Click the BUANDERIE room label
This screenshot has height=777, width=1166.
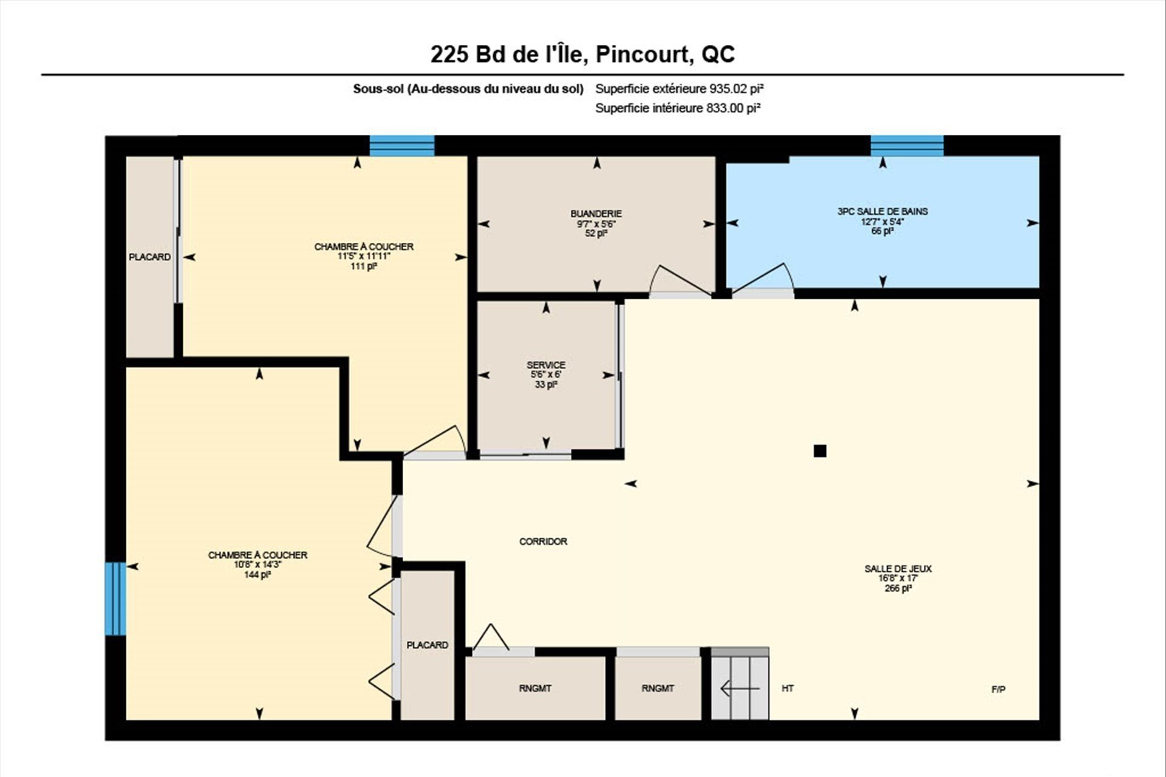596,214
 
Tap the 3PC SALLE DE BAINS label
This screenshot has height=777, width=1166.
882,211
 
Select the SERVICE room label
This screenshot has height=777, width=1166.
546,365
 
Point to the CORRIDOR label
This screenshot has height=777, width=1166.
543,541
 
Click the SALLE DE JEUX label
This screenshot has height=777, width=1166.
898,569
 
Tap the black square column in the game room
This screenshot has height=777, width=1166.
820,450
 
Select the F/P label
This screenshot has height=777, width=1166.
998,689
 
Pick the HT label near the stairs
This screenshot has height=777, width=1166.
788,688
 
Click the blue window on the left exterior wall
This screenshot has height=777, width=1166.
115,599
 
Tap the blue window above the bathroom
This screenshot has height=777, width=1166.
907,146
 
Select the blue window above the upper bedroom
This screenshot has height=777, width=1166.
402,146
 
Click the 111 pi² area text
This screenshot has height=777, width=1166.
364,266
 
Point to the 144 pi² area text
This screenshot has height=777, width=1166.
257,574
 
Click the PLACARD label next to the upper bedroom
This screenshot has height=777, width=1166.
149,257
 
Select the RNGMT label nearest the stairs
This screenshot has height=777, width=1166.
658,688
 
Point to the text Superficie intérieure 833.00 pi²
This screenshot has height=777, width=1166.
678,108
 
